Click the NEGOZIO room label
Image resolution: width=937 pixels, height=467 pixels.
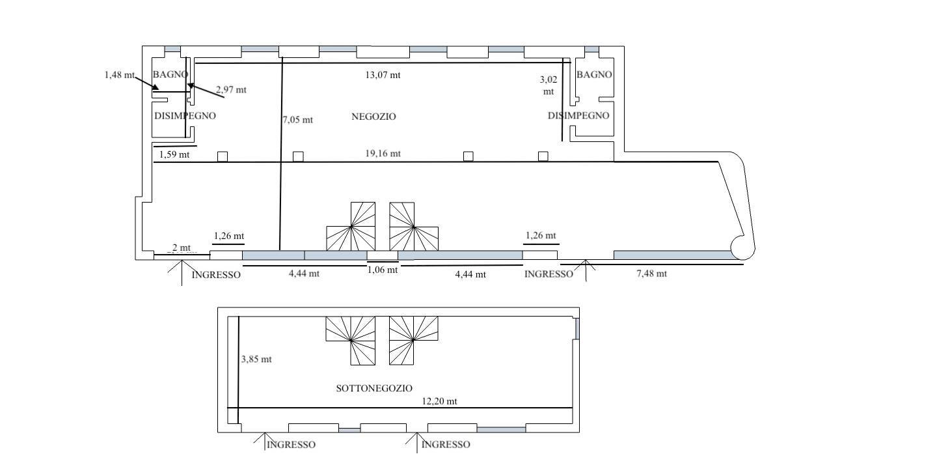(373, 117)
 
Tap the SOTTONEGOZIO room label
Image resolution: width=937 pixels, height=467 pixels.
(374, 388)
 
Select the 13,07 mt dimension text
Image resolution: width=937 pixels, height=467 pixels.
(383, 75)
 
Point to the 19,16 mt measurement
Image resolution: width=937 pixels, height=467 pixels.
(383, 154)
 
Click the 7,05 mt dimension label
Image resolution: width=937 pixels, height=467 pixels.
(297, 120)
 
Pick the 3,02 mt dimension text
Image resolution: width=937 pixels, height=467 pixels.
(549, 85)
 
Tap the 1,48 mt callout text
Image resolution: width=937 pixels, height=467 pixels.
(119, 75)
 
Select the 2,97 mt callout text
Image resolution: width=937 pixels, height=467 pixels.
(232, 90)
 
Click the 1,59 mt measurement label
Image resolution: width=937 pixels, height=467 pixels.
(174, 155)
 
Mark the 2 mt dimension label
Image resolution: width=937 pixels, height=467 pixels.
(181, 248)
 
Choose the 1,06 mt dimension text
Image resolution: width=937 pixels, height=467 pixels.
(382, 270)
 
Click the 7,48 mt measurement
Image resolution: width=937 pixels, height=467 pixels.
(651, 274)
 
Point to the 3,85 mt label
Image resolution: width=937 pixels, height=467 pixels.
(256, 360)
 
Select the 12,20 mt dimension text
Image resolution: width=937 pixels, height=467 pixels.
(439, 401)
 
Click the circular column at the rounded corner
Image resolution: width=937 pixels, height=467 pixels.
(742, 248)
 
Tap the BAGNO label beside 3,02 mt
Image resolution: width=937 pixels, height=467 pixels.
(594, 75)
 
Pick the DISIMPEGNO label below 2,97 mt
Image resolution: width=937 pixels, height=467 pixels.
(185, 116)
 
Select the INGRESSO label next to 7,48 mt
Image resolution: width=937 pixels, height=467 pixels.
(549, 274)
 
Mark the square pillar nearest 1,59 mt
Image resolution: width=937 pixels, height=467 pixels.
(222, 156)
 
